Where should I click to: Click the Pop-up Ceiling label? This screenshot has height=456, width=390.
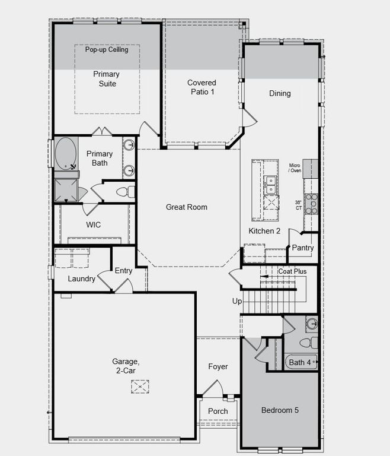(106, 50)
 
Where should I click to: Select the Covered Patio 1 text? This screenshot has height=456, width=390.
(202, 87)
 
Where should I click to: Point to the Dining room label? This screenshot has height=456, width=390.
(280, 93)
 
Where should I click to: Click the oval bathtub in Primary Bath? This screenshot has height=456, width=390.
(66, 153)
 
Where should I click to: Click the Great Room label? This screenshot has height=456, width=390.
(186, 207)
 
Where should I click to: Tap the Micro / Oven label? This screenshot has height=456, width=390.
(295, 168)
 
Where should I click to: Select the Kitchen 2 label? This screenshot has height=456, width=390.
(264, 231)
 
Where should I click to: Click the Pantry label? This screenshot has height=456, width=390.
(303, 247)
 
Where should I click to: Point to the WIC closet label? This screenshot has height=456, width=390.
(94, 225)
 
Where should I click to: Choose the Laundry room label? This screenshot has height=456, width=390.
(81, 278)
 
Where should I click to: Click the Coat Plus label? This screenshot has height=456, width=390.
(292, 271)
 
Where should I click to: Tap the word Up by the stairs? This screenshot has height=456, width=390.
(237, 302)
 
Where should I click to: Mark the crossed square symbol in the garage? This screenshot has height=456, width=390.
(140, 387)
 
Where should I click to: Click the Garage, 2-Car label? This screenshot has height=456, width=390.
(126, 365)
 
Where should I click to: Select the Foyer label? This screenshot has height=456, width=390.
(218, 367)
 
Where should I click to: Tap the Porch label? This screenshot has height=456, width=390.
(218, 411)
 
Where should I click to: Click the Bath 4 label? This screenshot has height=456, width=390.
(299, 362)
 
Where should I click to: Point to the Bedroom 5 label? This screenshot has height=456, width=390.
(281, 410)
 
